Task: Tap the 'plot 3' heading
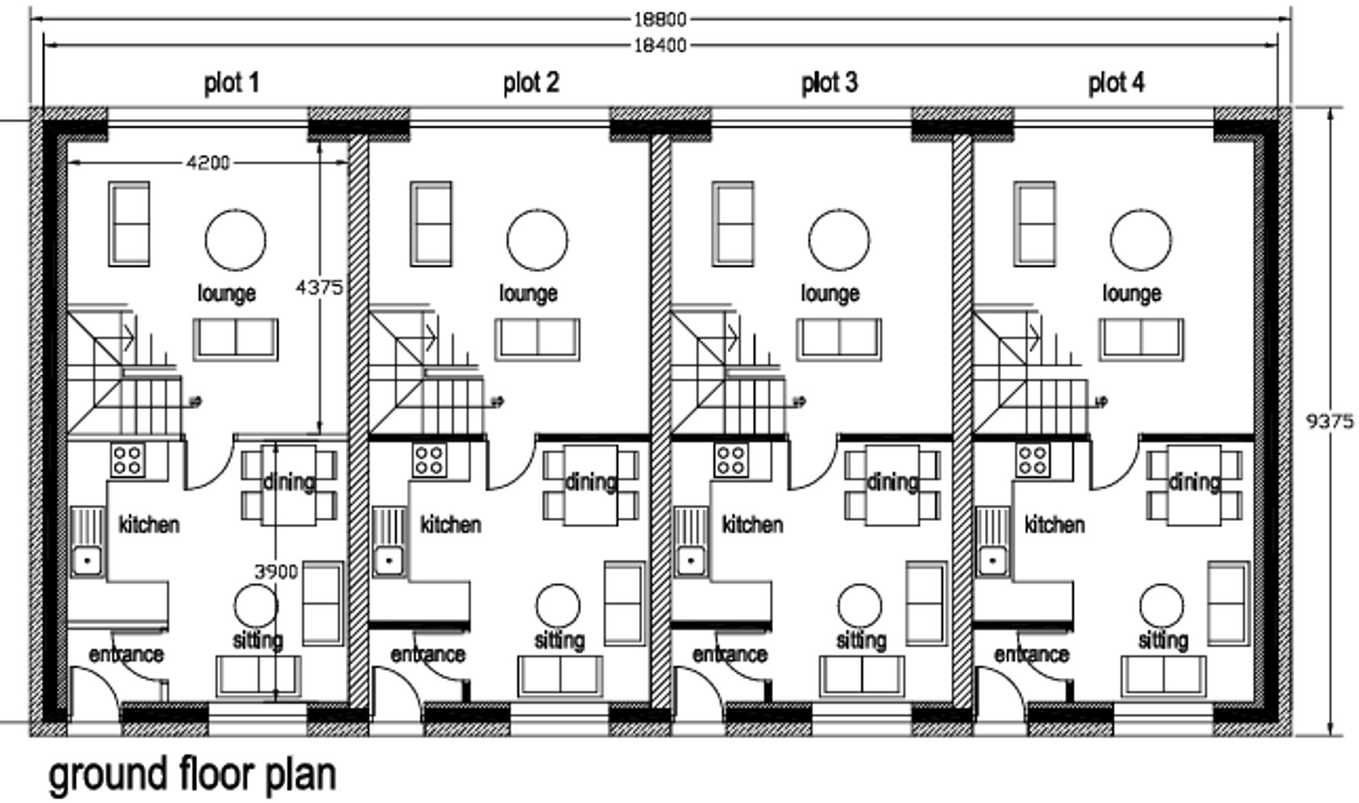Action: (x=829, y=83)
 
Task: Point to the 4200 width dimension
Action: (x=208, y=163)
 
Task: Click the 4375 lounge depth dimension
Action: (x=318, y=287)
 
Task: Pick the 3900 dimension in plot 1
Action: (x=276, y=571)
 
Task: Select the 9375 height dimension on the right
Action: (x=1329, y=421)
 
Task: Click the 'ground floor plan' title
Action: (x=193, y=774)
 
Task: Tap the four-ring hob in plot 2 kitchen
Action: (x=429, y=461)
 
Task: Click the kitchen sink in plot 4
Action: (x=992, y=560)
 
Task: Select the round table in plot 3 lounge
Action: (x=838, y=240)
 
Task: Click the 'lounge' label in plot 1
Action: (x=226, y=294)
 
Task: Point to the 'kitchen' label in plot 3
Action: (x=752, y=525)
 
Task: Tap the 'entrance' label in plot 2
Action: (x=428, y=654)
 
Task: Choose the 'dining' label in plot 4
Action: (x=1194, y=482)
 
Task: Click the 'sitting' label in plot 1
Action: (x=257, y=641)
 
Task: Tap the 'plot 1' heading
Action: (x=232, y=83)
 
